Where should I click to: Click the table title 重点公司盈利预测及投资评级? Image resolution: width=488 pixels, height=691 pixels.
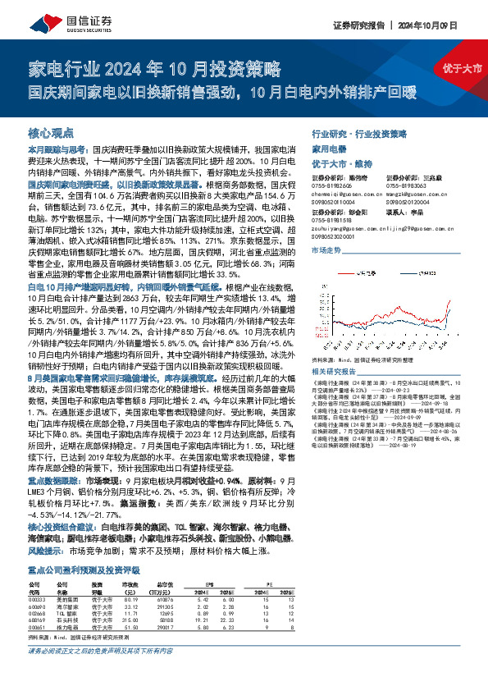pyautogui.click(x=83, y=567)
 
